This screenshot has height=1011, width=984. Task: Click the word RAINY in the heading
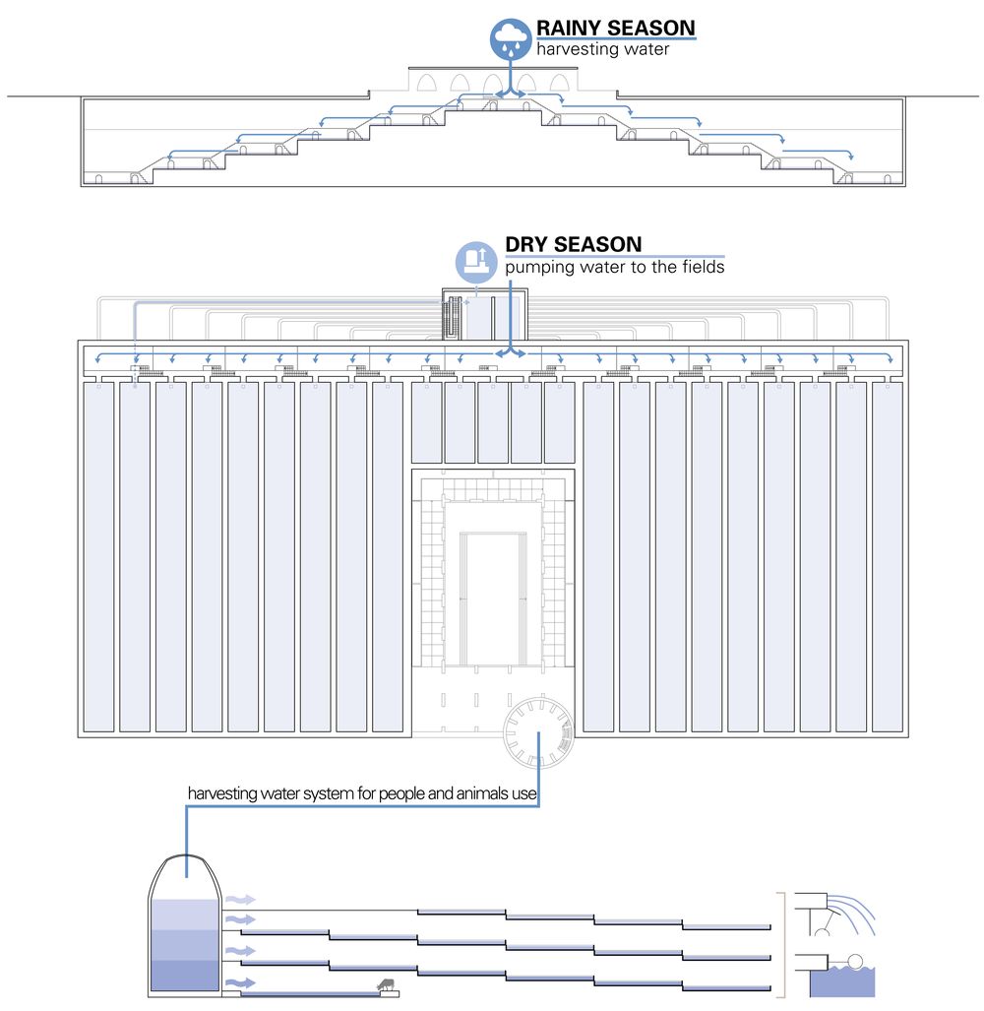pos(568,28)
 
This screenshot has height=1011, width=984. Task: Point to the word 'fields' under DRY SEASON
pos(701,267)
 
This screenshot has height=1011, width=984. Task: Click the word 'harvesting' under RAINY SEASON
pos(575,49)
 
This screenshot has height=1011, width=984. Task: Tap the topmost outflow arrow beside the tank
pos(240,899)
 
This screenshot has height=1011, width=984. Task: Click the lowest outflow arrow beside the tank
pos(240,982)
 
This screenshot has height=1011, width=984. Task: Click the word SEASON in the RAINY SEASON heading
pos(648,28)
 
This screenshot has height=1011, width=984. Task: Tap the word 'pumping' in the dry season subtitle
pos(537,267)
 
